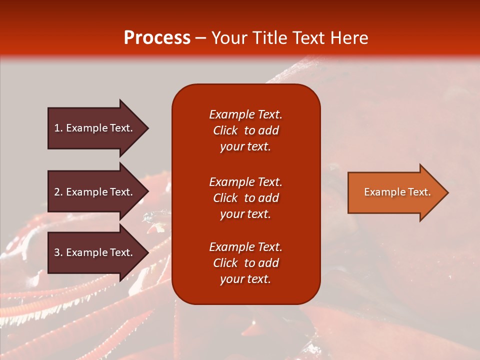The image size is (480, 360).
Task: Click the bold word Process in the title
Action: point(157,38)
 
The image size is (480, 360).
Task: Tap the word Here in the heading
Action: point(349,38)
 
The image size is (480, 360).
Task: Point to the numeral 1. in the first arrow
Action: point(58,128)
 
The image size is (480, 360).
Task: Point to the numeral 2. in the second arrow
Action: point(58,192)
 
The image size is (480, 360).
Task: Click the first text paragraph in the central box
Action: point(245,130)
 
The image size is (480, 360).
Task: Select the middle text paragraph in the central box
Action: point(245,198)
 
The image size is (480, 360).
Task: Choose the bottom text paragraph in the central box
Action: point(245,263)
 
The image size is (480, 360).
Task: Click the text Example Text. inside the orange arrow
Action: point(397,192)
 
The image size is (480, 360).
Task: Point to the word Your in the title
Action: point(229,38)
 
